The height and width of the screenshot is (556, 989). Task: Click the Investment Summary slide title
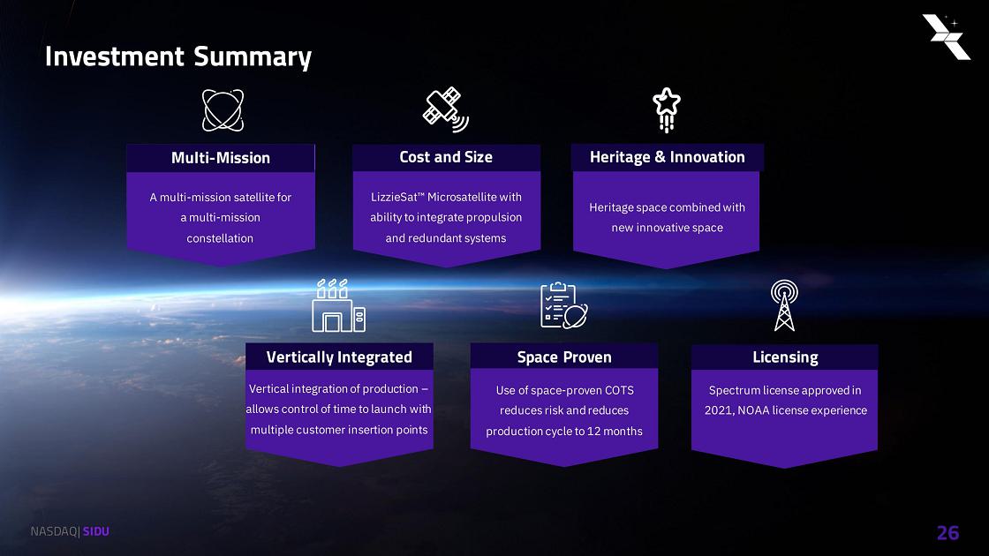pyautogui.click(x=178, y=56)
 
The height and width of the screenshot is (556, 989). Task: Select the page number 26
pyautogui.click(x=948, y=533)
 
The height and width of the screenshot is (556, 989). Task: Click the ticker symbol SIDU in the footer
pyautogui.click(x=96, y=531)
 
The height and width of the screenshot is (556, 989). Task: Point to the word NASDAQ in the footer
pyautogui.click(x=54, y=531)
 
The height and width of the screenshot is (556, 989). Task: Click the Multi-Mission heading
pyautogui.click(x=221, y=158)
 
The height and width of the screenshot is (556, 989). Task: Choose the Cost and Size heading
pyautogui.click(x=446, y=157)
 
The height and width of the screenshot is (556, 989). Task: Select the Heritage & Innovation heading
pyautogui.click(x=668, y=157)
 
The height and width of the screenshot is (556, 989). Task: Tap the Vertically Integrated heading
pyautogui.click(x=339, y=357)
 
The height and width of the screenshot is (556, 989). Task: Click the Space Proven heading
pyautogui.click(x=564, y=357)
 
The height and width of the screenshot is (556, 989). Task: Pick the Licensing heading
pyautogui.click(x=785, y=357)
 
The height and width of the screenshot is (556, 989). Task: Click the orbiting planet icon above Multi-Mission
pyautogui.click(x=223, y=110)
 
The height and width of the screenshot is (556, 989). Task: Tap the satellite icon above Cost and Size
pyautogui.click(x=446, y=109)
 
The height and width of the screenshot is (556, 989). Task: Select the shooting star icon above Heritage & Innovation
pyautogui.click(x=667, y=109)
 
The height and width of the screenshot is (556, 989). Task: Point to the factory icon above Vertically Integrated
pyautogui.click(x=339, y=305)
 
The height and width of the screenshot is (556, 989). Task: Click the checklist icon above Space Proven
pyautogui.click(x=564, y=305)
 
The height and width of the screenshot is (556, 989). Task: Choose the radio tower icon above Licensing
pyautogui.click(x=785, y=305)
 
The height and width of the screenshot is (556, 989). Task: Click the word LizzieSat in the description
pyautogui.click(x=394, y=198)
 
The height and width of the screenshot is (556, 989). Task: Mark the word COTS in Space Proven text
pyautogui.click(x=619, y=390)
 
